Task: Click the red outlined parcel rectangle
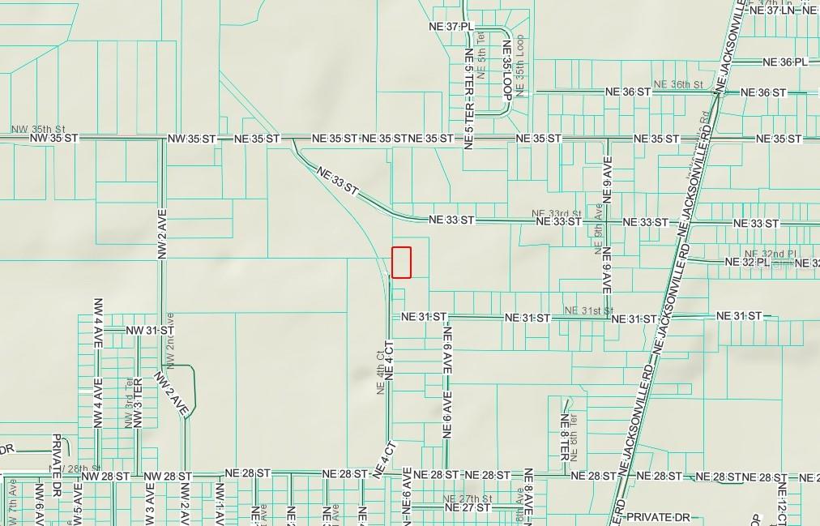coord(402,263)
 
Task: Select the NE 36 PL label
coord(785,62)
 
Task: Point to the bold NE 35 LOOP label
coord(507,70)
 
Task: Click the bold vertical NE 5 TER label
coord(468,98)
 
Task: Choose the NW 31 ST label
coord(151,331)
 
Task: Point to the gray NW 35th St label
coord(38,129)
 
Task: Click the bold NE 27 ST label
coord(468,508)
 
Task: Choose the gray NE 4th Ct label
coord(379,372)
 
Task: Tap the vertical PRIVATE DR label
coord(57,462)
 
